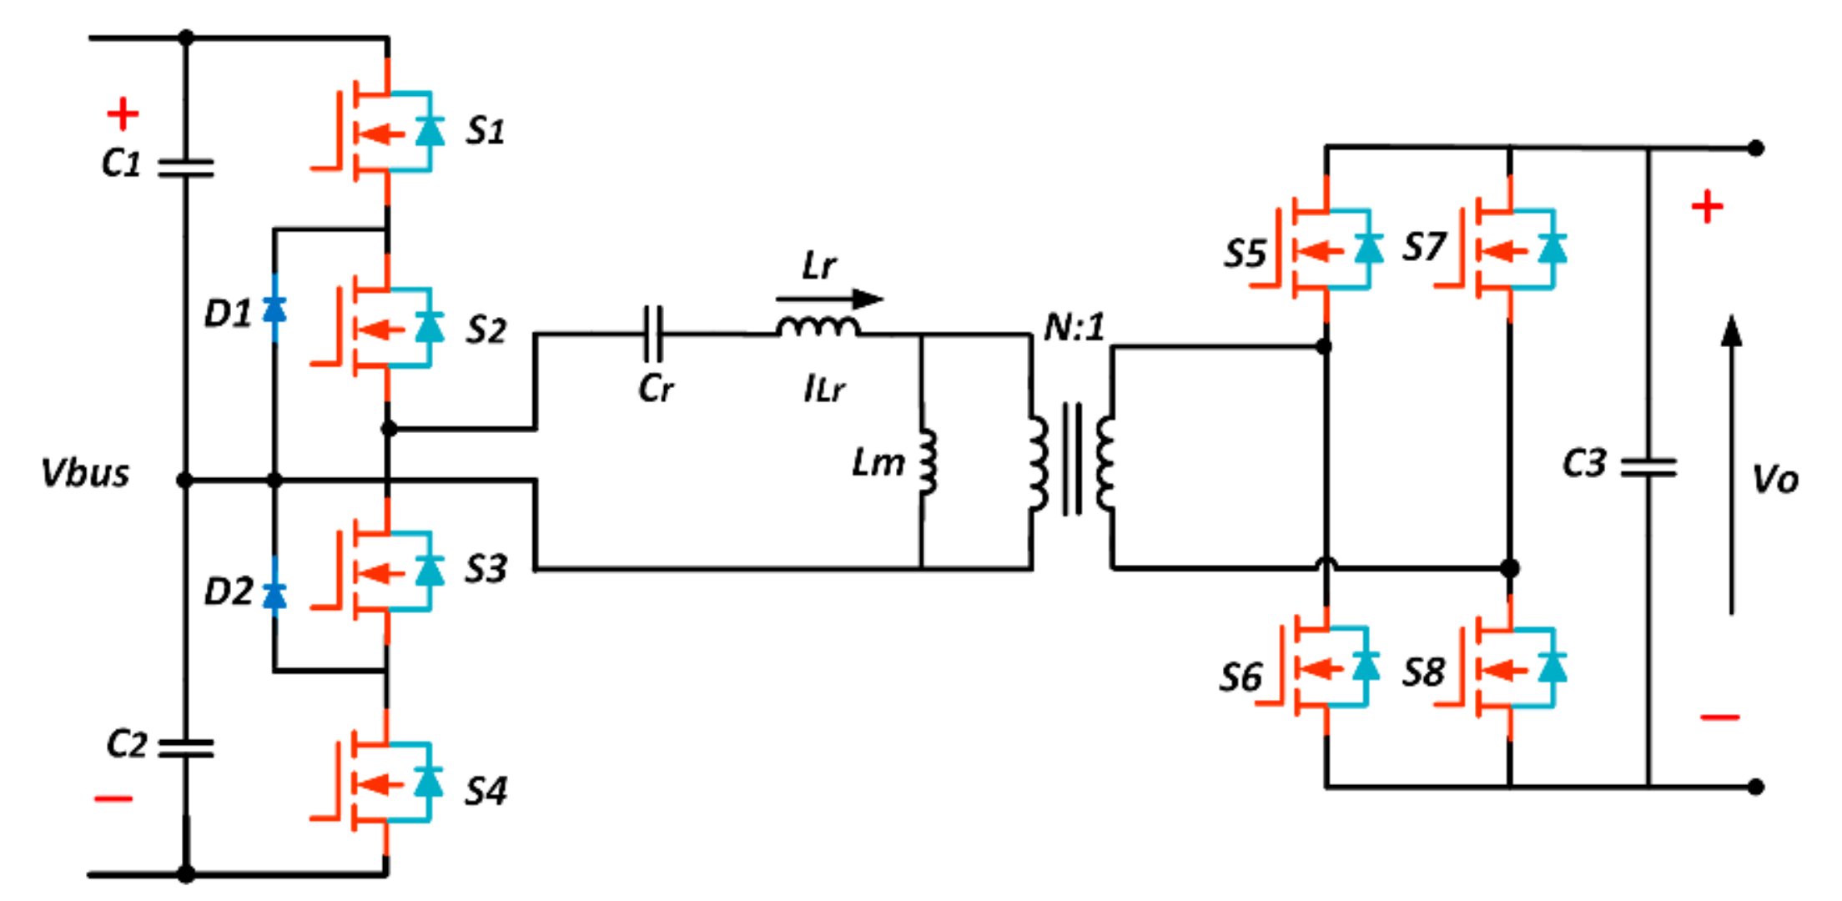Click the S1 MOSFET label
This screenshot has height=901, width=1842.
tap(485, 131)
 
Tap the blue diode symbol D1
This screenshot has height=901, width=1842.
tap(274, 310)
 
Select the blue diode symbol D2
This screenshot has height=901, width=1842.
tap(274, 596)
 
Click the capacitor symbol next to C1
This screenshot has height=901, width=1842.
tap(185, 169)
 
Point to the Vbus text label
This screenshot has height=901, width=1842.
tap(85, 473)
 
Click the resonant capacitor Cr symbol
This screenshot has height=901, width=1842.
tap(654, 334)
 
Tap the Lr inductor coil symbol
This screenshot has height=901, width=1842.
tap(818, 326)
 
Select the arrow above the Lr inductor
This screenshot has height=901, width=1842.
tap(829, 299)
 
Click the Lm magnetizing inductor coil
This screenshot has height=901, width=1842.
tap(928, 463)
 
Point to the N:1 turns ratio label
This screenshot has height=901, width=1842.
tap(1074, 327)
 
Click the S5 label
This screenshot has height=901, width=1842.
tap(1245, 254)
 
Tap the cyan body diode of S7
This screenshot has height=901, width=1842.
tap(1553, 249)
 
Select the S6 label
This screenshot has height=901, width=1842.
tap(1241, 677)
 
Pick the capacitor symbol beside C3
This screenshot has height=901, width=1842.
tap(1648, 467)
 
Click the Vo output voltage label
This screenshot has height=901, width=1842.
tap(1775, 480)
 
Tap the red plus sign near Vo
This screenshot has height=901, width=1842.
tap(1708, 207)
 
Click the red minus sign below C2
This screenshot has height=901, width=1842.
tap(113, 799)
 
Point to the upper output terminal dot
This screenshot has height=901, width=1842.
tap(1756, 148)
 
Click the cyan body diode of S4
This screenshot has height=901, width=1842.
tap(429, 782)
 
